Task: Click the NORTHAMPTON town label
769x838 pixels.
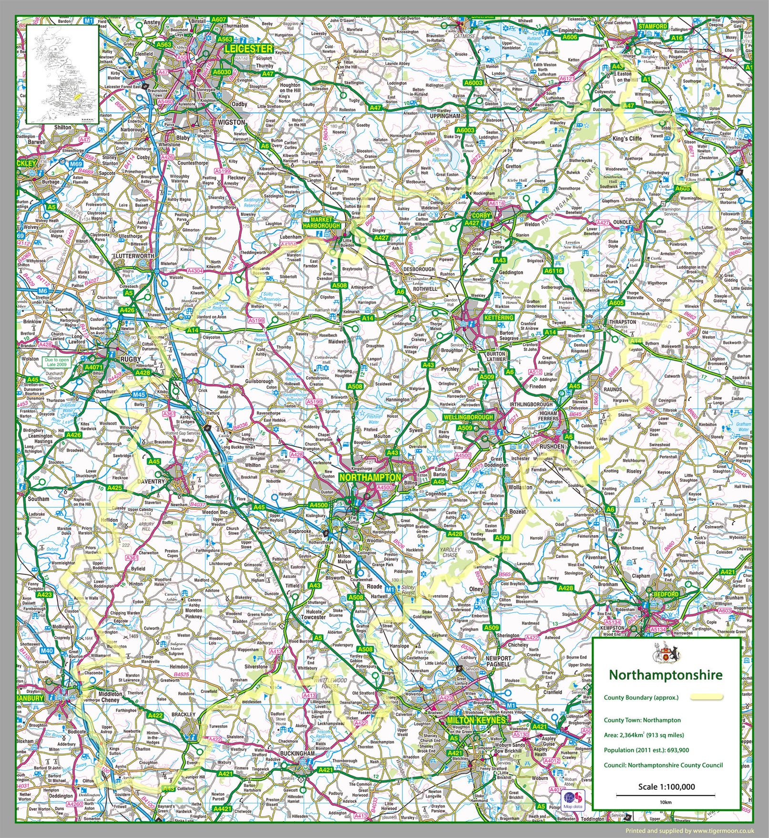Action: pyautogui.click(x=370, y=477)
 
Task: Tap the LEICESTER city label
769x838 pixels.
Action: pyautogui.click(x=248, y=49)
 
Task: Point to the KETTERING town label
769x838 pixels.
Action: pyautogui.click(x=499, y=318)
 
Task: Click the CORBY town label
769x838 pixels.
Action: pyautogui.click(x=482, y=216)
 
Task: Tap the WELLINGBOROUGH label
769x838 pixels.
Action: pyautogui.click(x=468, y=417)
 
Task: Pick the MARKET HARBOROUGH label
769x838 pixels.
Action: pyautogui.click(x=322, y=222)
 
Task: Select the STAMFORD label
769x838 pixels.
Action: pyautogui.click(x=653, y=26)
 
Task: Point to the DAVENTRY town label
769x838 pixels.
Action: pyautogui.click(x=151, y=482)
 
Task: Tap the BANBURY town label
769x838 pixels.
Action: pyautogui.click(x=30, y=698)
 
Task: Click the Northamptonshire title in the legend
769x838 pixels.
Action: pyautogui.click(x=666, y=675)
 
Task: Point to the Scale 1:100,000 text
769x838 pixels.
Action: pyautogui.click(x=666, y=786)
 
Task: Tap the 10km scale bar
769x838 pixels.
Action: pyautogui.click(x=666, y=796)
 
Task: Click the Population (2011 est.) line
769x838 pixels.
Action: pyautogui.click(x=646, y=750)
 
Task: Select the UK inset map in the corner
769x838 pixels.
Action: pyautogui.click(x=62, y=73)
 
